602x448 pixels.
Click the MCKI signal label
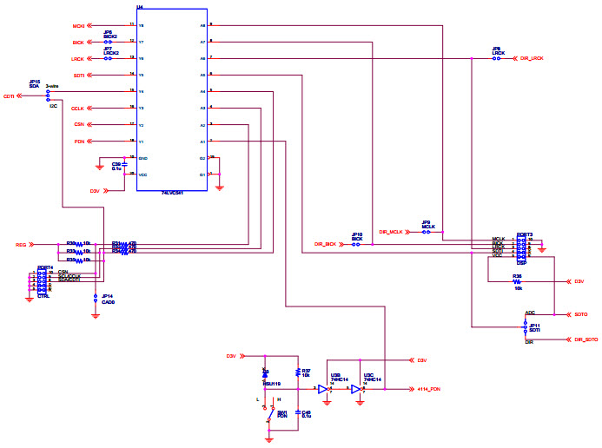pos(77,25)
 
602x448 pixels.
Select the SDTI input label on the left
pos(78,76)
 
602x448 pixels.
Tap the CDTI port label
pos(9,96)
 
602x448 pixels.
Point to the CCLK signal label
pos(77,109)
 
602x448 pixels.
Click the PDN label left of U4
pos(79,142)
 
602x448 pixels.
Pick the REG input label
pos(21,245)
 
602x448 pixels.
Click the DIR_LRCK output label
pos(531,58)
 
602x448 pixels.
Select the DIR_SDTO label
pos(585,339)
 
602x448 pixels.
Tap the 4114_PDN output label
pos(429,390)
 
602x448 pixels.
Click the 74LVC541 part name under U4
pos(172,192)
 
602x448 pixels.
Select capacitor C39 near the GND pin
pos(122,163)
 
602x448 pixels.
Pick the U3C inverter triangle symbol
pos(356,390)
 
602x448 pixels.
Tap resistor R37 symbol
pos(298,372)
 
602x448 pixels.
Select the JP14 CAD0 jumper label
pos(107,299)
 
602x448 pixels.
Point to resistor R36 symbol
pos(517,281)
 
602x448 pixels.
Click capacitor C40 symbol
pos(298,412)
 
